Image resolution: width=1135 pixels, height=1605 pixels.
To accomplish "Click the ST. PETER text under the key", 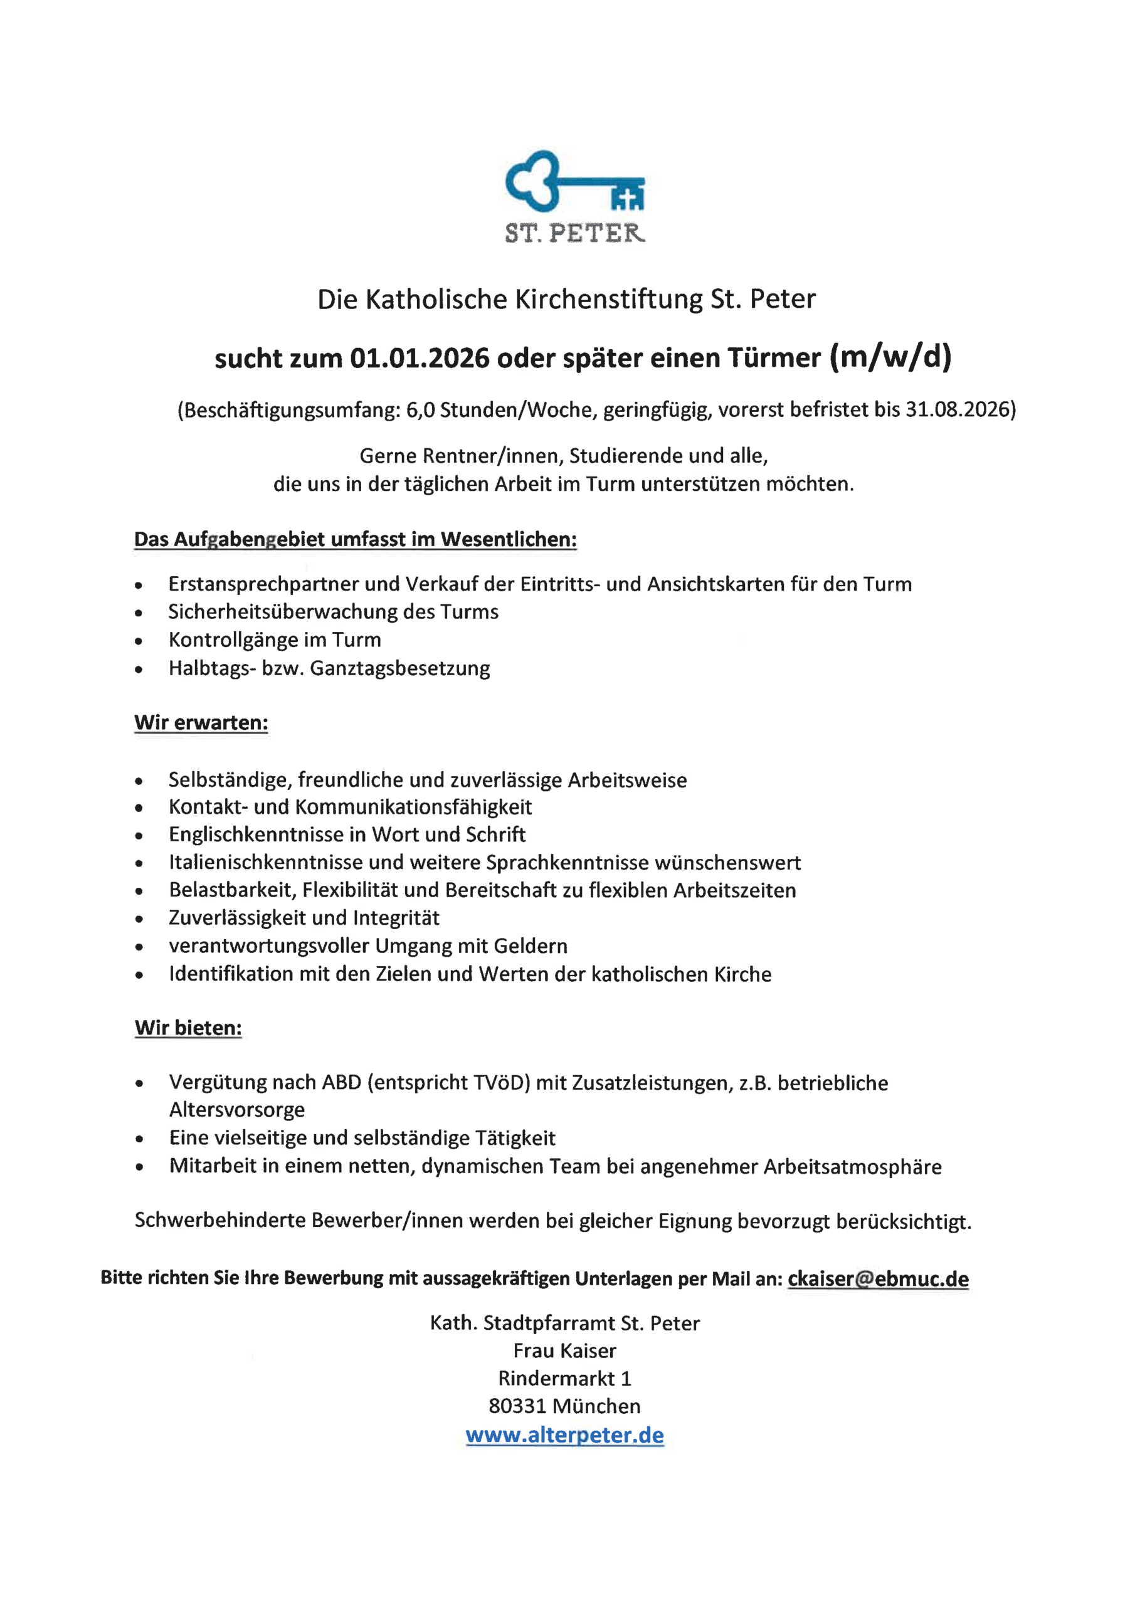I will [574, 233].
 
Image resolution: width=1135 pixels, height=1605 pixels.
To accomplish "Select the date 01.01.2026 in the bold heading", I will [420, 359].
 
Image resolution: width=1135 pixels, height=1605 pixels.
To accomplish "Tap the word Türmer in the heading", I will [774, 359].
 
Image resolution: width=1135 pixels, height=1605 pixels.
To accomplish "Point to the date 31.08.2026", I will [958, 409].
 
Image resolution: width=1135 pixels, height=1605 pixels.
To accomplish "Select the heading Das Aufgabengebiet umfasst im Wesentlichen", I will [356, 540].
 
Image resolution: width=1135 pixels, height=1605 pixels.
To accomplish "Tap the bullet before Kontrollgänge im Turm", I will [139, 641].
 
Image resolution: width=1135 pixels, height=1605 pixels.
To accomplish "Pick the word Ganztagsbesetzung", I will [400, 668].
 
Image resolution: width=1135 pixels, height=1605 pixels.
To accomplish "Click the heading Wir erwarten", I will [201, 723].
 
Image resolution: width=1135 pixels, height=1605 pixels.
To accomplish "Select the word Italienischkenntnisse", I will [268, 863].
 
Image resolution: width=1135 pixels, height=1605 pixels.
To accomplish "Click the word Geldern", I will [530, 946].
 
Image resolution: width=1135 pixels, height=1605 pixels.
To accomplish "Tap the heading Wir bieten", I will [188, 1028].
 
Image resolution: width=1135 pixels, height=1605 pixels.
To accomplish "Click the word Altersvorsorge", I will [237, 1110].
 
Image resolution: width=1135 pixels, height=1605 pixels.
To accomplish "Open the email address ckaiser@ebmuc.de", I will [878, 1278].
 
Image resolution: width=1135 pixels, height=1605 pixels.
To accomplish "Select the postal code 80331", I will [517, 1406].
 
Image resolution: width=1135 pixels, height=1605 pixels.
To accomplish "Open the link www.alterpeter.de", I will [564, 1435].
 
